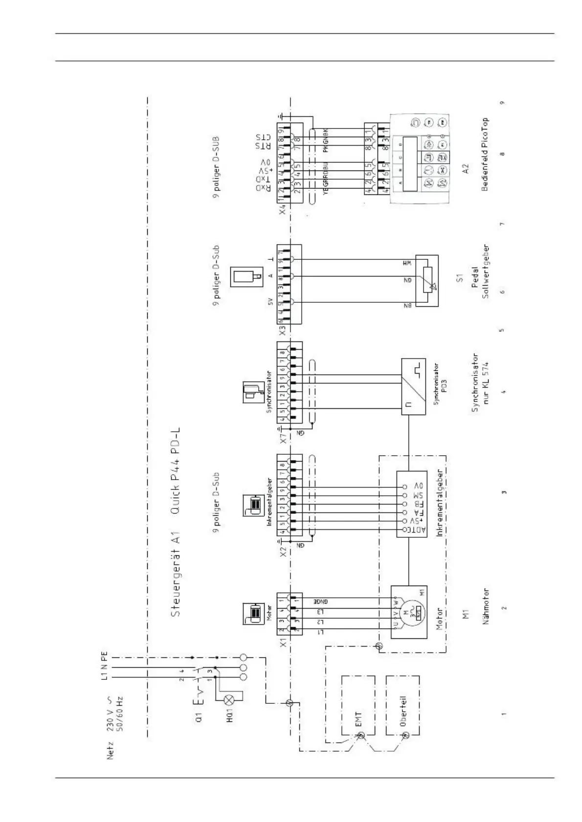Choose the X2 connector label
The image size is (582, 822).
coord(283,552)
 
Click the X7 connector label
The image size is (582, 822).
coord(283,438)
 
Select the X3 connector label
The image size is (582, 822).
coord(282,331)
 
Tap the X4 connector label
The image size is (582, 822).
coord(282,210)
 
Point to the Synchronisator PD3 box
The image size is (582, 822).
coord(414,386)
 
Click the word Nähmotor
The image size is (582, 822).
coord(486,606)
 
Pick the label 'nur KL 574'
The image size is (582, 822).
coord(486,386)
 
